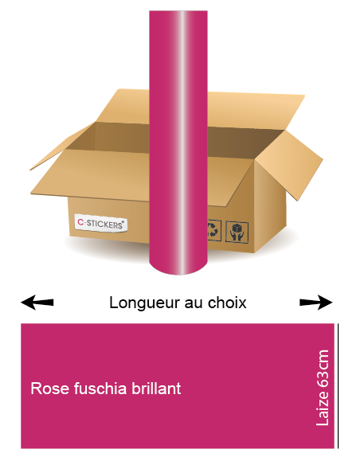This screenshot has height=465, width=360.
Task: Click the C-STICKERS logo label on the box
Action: pyautogui.click(x=101, y=223)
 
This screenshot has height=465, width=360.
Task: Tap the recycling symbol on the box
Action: pyautogui.click(x=214, y=230)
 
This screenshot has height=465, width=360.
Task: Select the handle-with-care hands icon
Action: pyautogui.click(x=237, y=232)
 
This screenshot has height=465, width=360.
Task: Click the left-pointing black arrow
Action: pyautogui.click(x=37, y=303)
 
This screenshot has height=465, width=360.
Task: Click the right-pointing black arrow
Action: pyautogui.click(x=316, y=303)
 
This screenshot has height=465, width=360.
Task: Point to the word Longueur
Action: pyautogui.click(x=144, y=303)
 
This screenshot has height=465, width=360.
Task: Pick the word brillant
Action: pyautogui.click(x=156, y=389)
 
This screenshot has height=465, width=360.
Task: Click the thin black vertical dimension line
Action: pyautogui.click(x=338, y=386)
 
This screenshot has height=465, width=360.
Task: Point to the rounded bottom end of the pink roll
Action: pyautogui.click(x=178, y=267)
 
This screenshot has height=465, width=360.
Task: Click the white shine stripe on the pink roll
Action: pyautogui.click(x=182, y=143)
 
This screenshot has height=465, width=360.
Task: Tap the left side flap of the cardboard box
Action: pyautogui.click(x=62, y=147)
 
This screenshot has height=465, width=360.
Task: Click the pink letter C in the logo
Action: pyautogui.click(x=80, y=222)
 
